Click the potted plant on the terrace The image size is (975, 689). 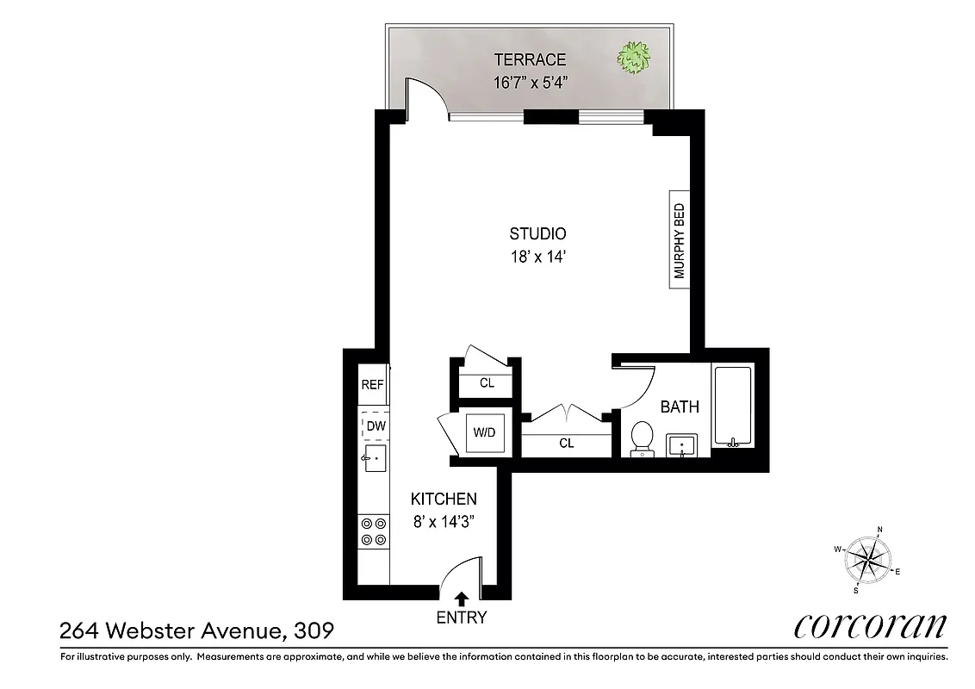(x=633, y=59)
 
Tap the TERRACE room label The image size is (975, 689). (x=530, y=59)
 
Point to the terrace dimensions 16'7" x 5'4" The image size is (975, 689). (x=530, y=84)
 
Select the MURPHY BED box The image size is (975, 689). (x=680, y=240)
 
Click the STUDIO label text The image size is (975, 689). (x=537, y=233)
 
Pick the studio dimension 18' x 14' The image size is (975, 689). (x=537, y=257)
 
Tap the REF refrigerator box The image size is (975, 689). (x=372, y=385)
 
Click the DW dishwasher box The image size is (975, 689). (x=375, y=425)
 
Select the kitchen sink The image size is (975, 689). (x=375, y=459)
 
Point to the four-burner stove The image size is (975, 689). (x=373, y=531)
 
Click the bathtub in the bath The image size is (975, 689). (x=732, y=406)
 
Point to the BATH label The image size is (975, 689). (x=680, y=407)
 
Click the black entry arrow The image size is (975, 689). (x=462, y=598)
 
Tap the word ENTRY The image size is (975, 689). (x=462, y=618)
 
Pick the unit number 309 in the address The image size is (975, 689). (x=313, y=631)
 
